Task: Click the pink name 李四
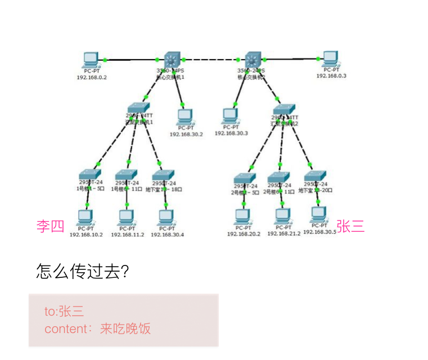click(x=51, y=227)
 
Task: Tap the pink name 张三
click(x=351, y=227)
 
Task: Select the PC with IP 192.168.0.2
click(x=91, y=59)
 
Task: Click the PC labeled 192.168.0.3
click(x=330, y=58)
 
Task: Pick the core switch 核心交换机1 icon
click(x=171, y=59)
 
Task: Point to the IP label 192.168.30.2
click(x=186, y=134)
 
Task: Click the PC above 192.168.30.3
click(x=230, y=116)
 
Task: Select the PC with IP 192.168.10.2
click(x=85, y=217)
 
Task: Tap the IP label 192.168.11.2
click(x=127, y=235)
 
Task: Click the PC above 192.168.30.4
click(x=165, y=217)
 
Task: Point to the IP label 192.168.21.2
click(x=283, y=233)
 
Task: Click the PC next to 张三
click(x=319, y=214)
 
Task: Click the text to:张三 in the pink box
click(x=64, y=311)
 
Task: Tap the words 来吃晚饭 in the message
click(x=125, y=328)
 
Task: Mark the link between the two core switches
click(x=211, y=59)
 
